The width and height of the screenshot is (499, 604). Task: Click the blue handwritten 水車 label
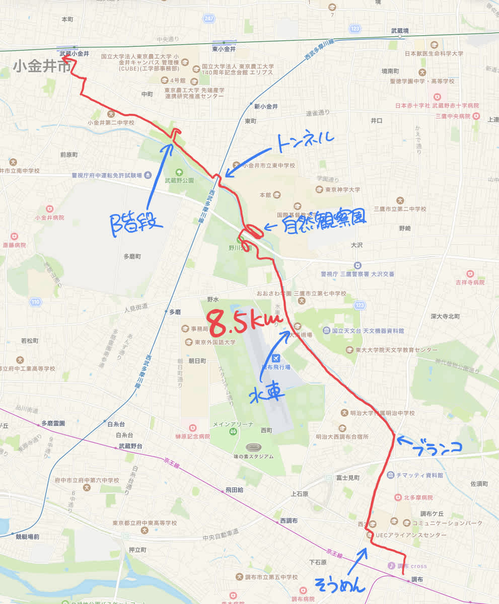[267, 394]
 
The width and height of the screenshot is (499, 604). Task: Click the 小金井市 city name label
[42, 67]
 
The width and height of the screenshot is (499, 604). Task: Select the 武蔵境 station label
[400, 31]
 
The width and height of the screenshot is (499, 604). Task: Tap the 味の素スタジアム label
[253, 457]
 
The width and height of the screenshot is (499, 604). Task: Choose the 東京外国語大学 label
[216, 342]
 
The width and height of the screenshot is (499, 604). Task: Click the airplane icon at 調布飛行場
[275, 358]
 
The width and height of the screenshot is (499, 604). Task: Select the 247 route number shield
[209, 18]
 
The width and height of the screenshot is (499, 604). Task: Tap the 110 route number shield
[35, 302]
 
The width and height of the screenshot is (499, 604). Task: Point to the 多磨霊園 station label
[54, 423]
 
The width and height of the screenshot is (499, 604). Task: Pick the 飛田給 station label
[234, 489]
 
